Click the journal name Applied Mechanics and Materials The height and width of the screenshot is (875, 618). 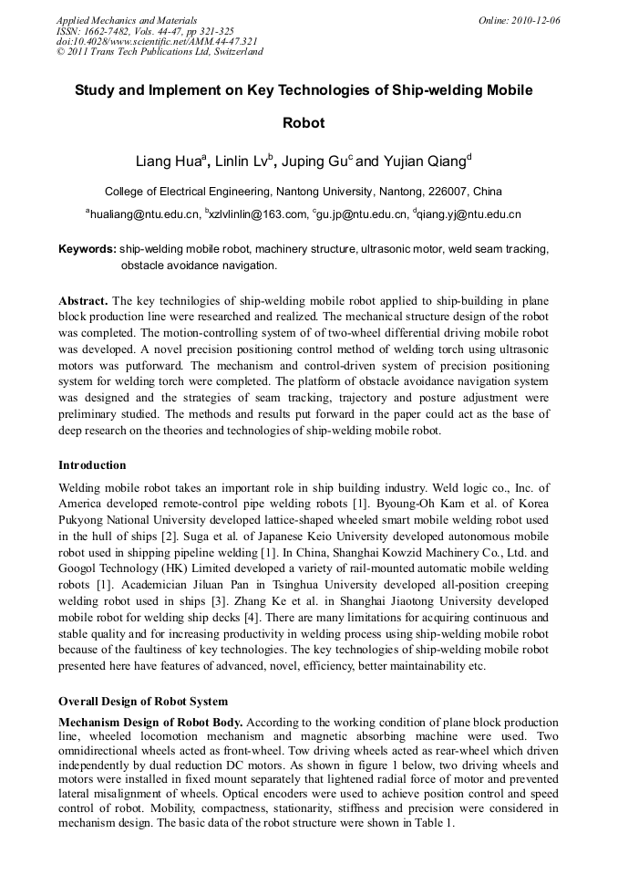(126, 20)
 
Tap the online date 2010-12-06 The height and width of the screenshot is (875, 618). (538, 20)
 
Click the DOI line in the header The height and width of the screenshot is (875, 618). (156, 41)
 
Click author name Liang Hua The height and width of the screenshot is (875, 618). (168, 162)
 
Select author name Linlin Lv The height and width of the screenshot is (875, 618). (243, 162)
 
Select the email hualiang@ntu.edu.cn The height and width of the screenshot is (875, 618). (143, 214)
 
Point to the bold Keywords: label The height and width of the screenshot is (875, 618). (88, 249)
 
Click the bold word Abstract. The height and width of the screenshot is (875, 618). (83, 300)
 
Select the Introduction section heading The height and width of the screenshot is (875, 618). (92, 464)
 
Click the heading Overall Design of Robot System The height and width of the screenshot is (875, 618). (143, 701)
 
